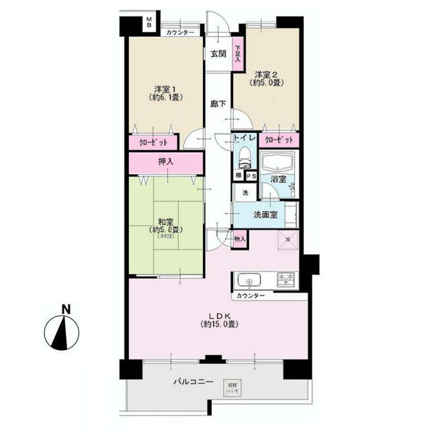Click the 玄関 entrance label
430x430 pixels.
click(x=216, y=54)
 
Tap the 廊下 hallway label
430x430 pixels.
click(x=216, y=103)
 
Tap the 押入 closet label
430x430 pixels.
click(x=165, y=162)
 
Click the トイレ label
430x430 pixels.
click(x=244, y=138)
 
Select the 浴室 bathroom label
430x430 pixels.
click(x=278, y=179)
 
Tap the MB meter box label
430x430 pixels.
click(x=149, y=25)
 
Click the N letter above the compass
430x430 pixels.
click(x=66, y=310)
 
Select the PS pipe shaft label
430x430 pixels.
click(x=250, y=176)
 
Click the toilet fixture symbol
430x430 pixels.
click(x=244, y=159)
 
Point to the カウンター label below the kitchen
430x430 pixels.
click(x=251, y=296)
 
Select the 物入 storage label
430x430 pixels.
click(x=240, y=239)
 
